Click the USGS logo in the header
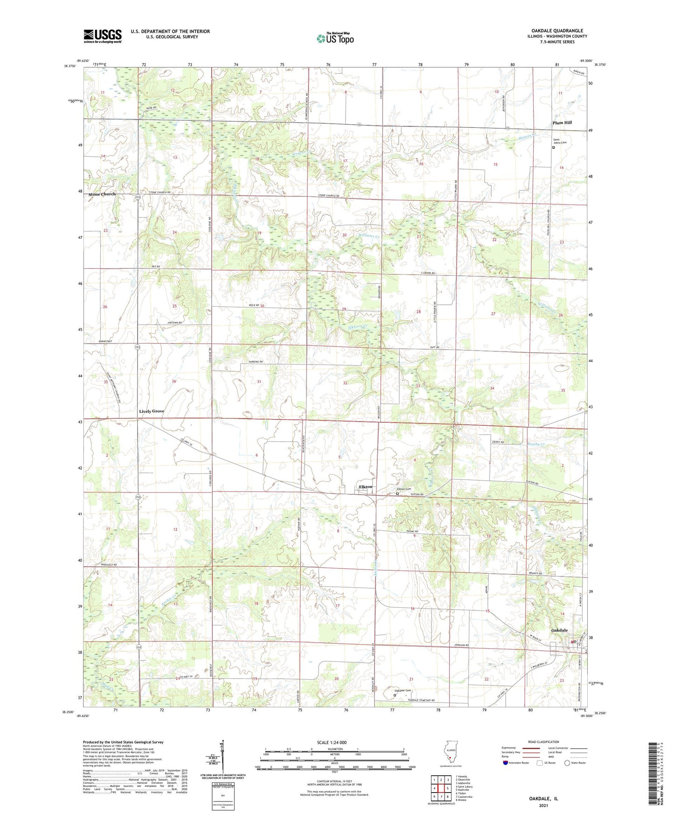pyautogui.click(x=103, y=36)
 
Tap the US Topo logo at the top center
pyautogui.click(x=334, y=38)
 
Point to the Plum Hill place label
pyautogui.click(x=562, y=123)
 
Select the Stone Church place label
pyautogui.click(x=102, y=194)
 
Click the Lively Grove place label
pyautogui.click(x=152, y=411)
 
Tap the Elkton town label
pyautogui.click(x=366, y=487)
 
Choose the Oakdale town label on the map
pyautogui.click(x=559, y=630)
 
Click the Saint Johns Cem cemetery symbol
pyautogui.click(x=554, y=148)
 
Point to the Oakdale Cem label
pyautogui.click(x=402, y=690)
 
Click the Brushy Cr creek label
pyautogui.click(x=536, y=444)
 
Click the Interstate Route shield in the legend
pyautogui.click(x=506, y=763)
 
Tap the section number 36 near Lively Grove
pyautogui.click(x=174, y=381)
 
